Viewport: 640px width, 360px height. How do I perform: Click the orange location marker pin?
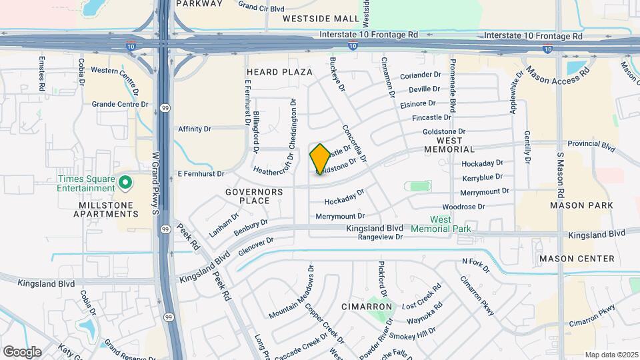point(320,159)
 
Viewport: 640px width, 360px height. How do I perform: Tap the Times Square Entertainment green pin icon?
point(125,181)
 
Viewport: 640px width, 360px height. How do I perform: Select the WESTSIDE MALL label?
point(320,19)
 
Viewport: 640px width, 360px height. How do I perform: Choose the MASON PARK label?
point(581,205)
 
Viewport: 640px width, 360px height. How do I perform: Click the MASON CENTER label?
point(576,259)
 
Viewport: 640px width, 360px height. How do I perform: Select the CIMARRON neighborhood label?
point(366,307)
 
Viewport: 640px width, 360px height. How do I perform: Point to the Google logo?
point(22,352)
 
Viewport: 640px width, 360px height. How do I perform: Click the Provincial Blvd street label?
point(591,144)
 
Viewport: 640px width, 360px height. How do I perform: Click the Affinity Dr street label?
point(195,129)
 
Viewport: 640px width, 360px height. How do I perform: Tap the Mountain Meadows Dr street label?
point(291,291)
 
